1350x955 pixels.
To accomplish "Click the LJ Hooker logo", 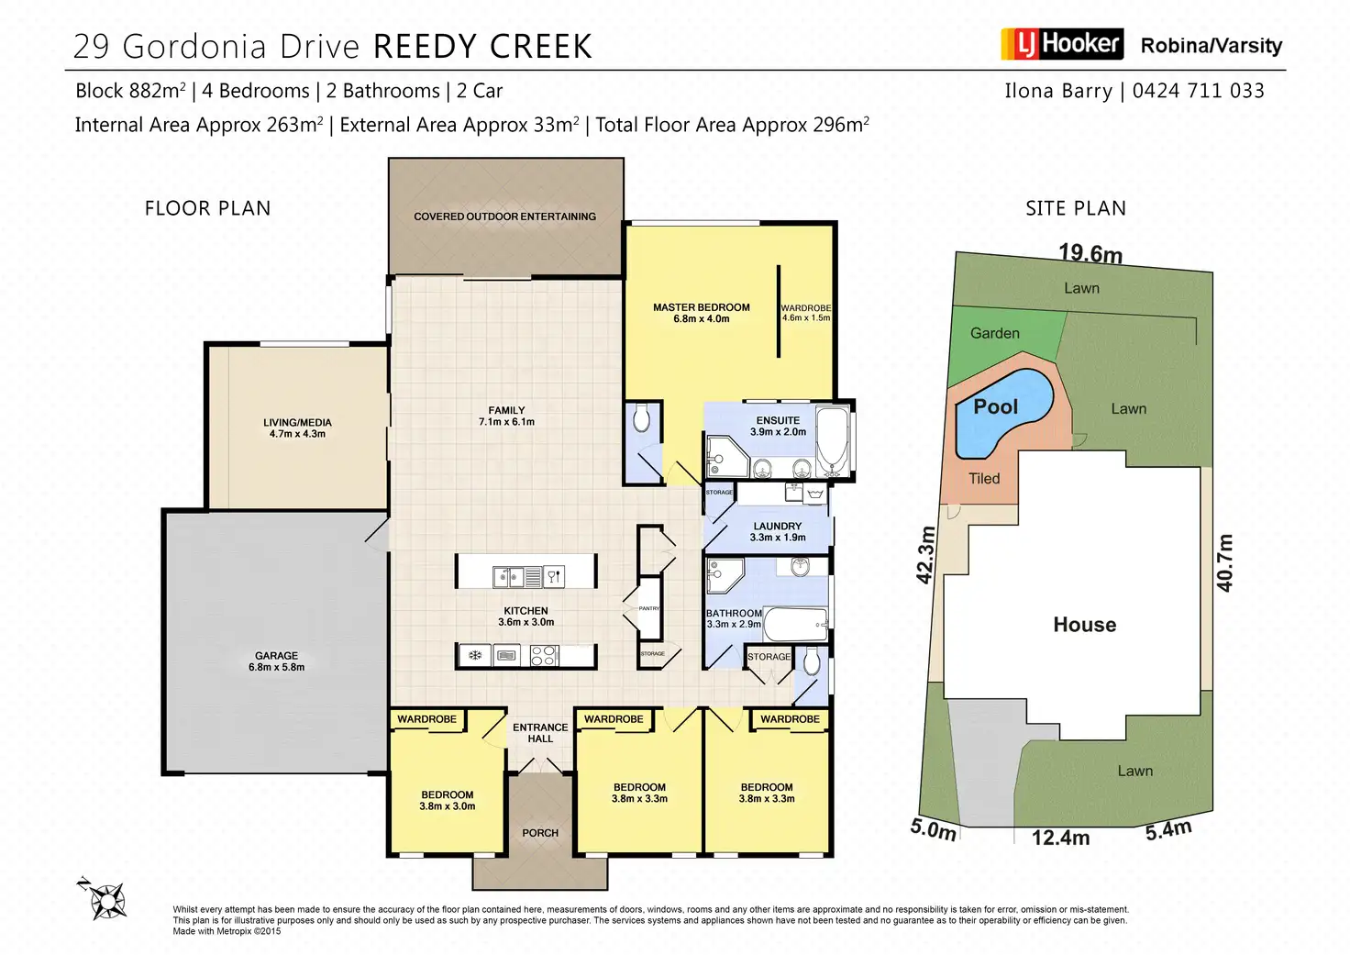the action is tap(1062, 44).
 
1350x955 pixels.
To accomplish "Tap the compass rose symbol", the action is tap(105, 900).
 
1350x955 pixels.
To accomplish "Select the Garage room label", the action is tap(276, 661).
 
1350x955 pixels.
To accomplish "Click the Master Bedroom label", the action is tap(702, 313).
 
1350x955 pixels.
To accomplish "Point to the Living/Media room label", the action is tap(297, 428).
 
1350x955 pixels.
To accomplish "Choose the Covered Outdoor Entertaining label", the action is tap(504, 217).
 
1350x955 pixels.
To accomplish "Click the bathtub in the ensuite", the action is tap(833, 439).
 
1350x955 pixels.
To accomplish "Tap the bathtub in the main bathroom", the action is tap(794, 625).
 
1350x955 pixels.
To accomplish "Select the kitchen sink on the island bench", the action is tap(509, 577).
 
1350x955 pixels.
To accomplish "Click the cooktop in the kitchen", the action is tap(544, 655).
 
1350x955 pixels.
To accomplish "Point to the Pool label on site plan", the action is tap(996, 406).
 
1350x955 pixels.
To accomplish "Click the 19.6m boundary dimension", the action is tap(1090, 252).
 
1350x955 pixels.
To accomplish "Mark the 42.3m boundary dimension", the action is tap(926, 555).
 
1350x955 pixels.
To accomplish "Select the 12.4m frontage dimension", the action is tap(1060, 838).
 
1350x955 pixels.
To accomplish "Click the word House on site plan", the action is tap(1085, 625).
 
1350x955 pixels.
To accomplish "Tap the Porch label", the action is tap(540, 833).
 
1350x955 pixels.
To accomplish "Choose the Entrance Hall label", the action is tap(540, 733).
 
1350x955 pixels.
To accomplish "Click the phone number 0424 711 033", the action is tap(1198, 91).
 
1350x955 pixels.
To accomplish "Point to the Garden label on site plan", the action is tap(995, 333).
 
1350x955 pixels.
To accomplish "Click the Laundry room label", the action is tap(778, 532).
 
